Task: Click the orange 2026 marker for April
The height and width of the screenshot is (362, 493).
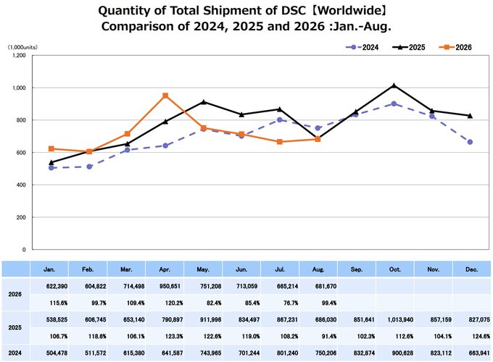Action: point(165,96)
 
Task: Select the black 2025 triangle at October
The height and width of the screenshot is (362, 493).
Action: point(394,85)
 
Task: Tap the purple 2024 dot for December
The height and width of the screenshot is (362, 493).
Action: point(470,142)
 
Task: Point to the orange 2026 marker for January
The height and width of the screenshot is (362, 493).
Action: point(51,149)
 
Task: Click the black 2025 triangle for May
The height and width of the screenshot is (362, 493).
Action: point(204,102)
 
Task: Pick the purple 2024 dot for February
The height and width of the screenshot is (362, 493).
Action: point(89,167)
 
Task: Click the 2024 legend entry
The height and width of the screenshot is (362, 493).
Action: point(362,47)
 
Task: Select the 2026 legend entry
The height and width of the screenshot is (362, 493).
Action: point(455,47)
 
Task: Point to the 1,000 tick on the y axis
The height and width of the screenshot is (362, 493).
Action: point(19,88)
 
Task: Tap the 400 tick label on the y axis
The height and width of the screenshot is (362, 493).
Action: point(21,185)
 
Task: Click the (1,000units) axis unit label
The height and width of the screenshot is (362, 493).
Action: point(22,47)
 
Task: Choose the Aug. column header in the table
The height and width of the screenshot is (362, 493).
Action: point(318,269)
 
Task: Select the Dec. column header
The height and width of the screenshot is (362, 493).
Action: point(472,269)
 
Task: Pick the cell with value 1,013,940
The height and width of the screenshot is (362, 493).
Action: point(401,319)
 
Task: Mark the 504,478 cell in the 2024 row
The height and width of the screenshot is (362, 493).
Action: point(57,353)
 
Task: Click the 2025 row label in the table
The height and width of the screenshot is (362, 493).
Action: point(14,328)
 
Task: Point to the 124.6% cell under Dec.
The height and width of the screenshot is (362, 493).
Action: point(482,336)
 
